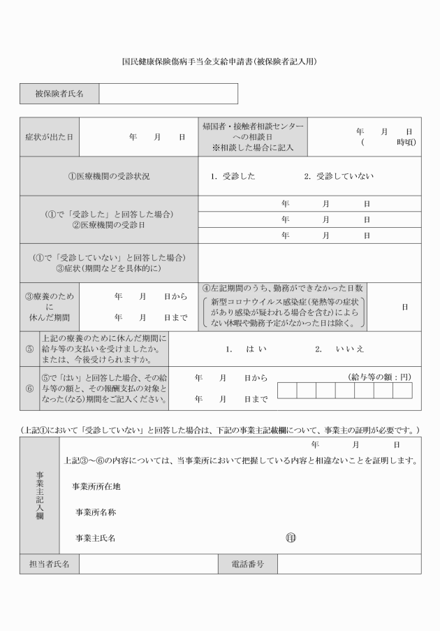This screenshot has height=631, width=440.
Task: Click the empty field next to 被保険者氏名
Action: [168, 94]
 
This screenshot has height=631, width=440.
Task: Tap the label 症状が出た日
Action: [49, 137]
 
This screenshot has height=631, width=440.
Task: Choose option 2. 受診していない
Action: [338, 176]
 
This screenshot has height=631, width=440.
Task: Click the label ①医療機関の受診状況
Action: [108, 176]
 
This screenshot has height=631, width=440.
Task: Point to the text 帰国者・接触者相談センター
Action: [253, 126]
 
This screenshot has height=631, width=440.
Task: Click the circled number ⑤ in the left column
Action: [29, 349]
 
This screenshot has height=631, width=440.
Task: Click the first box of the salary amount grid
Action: [287, 390]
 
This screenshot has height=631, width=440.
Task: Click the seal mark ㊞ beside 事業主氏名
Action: [291, 537]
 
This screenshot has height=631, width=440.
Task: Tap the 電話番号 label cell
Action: [247, 564]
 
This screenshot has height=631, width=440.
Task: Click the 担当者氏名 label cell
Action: [49, 564]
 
